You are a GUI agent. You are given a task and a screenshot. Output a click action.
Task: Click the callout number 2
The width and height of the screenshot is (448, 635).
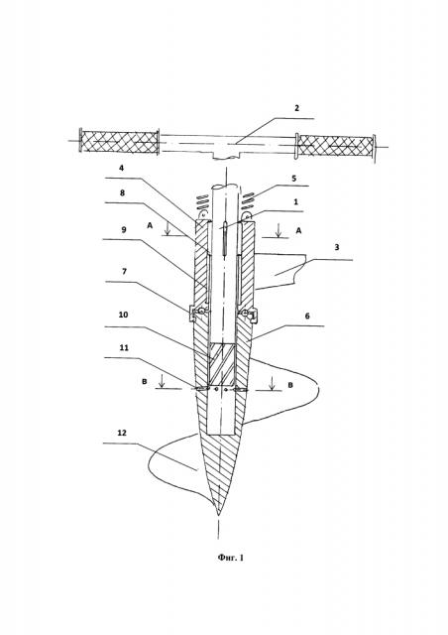pos(296,108)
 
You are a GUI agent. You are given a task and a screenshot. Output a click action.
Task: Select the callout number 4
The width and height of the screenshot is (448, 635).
pos(122,168)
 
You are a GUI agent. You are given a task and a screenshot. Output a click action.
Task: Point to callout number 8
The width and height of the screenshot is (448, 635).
pos(122,192)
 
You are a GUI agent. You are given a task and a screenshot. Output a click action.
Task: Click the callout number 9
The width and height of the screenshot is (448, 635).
pos(124,229)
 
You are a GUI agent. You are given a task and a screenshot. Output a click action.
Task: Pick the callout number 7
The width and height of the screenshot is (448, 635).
pos(124,271)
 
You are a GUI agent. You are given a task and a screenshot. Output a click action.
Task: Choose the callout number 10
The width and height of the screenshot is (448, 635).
pos(123,315)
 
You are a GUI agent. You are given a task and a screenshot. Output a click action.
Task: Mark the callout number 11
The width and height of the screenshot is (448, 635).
pos(124,348)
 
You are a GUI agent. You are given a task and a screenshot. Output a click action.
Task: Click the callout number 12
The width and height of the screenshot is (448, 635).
pos(121,433)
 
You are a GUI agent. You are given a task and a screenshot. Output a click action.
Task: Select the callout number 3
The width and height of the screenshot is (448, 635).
pos(337,247)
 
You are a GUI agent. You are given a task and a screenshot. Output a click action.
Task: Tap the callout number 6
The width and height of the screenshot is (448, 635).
pos(307,316)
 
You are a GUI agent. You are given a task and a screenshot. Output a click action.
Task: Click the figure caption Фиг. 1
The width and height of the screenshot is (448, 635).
pos(231,558)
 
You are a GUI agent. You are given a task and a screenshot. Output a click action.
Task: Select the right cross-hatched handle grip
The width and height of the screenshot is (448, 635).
pos(335,146)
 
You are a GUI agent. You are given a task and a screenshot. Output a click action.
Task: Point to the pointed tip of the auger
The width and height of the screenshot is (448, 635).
pos(218,516)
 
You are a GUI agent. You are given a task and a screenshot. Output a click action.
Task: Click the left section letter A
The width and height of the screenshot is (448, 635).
pos(150,226)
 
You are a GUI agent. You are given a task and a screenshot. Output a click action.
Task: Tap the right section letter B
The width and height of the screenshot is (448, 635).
pos(290,385)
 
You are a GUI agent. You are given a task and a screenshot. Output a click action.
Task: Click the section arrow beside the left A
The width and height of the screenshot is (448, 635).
pos(168,229)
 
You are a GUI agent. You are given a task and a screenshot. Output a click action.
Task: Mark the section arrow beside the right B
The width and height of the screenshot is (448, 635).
pos(273,384)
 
